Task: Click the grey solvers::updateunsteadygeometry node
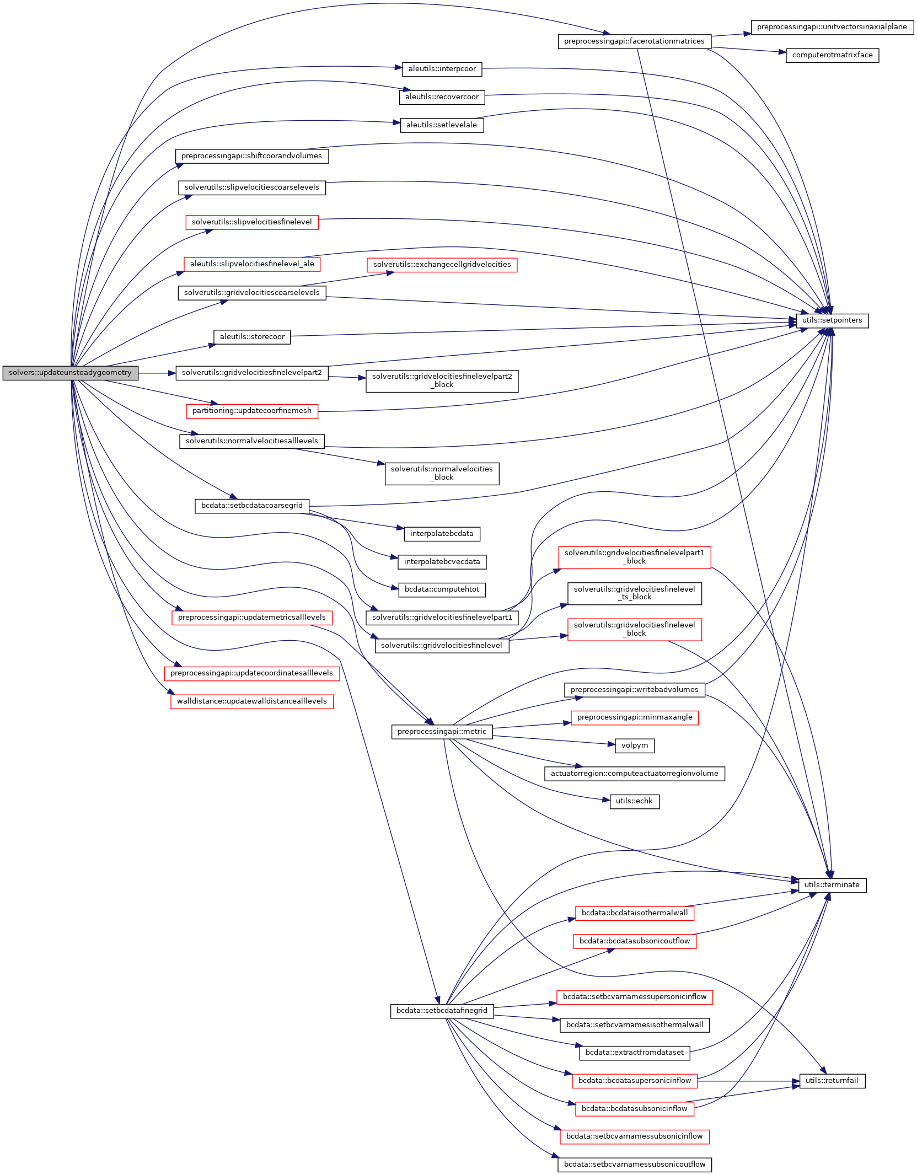pos(70,373)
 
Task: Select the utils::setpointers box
pos(832,320)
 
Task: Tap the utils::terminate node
pos(832,885)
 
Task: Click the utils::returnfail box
pos(832,1081)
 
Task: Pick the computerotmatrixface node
pos(832,55)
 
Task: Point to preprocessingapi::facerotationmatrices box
pos(634,41)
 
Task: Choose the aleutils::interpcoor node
pos(442,69)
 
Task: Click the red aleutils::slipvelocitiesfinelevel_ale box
pos(252,264)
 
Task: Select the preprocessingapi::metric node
pos(442,732)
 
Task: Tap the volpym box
pos(634,745)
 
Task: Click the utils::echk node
pos(634,801)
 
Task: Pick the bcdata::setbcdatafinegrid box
pos(442,1011)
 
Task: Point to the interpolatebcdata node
pos(442,534)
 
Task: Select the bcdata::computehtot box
pos(442,589)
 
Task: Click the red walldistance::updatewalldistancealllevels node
pos(252,701)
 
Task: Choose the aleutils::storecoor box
pos(252,337)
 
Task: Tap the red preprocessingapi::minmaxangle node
pos(634,717)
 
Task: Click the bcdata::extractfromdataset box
pos(634,1053)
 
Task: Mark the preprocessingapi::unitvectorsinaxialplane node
pos(832,27)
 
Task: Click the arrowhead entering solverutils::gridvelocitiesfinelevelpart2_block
pos(362,378)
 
